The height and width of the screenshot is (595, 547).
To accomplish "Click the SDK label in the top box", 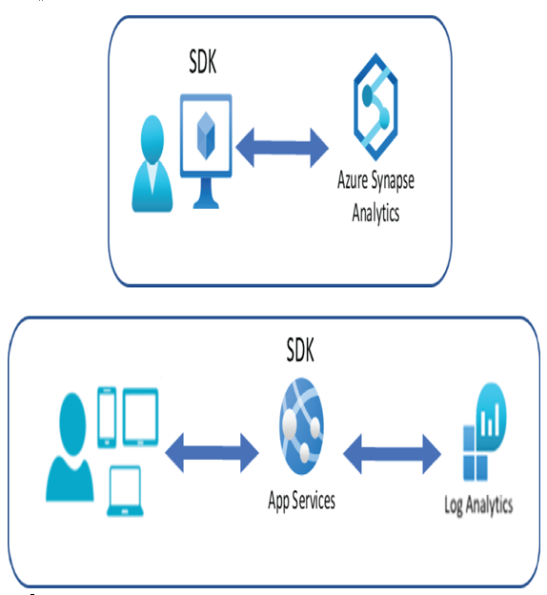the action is coord(203,61).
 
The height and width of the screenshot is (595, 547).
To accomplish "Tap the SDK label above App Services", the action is coord(300,350).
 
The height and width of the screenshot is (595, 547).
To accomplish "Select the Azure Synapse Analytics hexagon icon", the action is coord(375,107).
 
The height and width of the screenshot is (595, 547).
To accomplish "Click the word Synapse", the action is coord(393,180).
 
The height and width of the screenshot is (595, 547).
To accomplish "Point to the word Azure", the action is coord(353,179).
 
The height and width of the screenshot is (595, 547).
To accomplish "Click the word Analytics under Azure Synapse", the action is coord(375,213).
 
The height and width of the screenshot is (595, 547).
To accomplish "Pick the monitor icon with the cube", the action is coord(206,151).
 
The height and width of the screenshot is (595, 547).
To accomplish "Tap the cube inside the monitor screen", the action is coord(206,135).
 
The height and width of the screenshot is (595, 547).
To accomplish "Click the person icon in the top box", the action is coord(152,164).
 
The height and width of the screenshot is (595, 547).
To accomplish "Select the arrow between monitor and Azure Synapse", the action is coord(282,148).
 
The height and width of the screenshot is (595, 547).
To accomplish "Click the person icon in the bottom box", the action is coord(71,447).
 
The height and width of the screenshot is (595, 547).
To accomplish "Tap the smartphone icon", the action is coord(107,417).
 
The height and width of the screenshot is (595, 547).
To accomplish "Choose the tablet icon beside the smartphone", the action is coord(140,417).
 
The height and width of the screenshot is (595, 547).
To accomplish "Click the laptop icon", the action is coord(125,491).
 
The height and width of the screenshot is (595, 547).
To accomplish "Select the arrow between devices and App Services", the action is coord(213,453).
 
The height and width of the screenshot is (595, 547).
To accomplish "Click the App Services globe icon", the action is coord(301,426).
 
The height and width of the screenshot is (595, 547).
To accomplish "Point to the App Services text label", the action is coord(301,501).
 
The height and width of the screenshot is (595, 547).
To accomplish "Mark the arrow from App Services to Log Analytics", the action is coord(393,454).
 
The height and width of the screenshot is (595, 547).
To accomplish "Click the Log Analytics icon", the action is coord(485,432).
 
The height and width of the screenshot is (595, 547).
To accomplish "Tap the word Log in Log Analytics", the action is coord(454,505).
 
